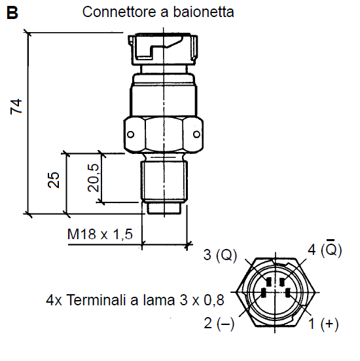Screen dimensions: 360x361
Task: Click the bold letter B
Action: [x=12, y=12]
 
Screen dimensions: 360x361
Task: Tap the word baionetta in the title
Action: [x=204, y=12]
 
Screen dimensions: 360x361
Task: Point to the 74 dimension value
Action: [x=16, y=107]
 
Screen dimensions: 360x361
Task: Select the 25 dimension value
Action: [x=54, y=180]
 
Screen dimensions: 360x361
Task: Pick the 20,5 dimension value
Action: [x=93, y=178]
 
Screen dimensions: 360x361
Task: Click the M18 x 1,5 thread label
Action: [x=100, y=234]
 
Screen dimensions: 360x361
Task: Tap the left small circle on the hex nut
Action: [x=130, y=134]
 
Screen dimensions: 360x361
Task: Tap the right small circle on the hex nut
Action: [x=196, y=134]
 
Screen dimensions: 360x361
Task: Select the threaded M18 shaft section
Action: [x=164, y=181]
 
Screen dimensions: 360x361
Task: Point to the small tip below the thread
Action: [x=164, y=208]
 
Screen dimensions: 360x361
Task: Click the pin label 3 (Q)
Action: [x=220, y=255]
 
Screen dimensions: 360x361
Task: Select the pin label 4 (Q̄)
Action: [x=325, y=248]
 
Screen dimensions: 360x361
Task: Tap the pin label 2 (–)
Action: [x=219, y=323]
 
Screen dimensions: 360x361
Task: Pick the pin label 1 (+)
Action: [x=323, y=324]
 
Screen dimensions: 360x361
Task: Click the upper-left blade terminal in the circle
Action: [x=268, y=282]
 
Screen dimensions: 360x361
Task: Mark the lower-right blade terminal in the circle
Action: [x=287, y=294]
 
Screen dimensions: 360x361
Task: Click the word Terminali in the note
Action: [x=96, y=300]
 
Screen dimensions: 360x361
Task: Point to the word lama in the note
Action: [x=159, y=300]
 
